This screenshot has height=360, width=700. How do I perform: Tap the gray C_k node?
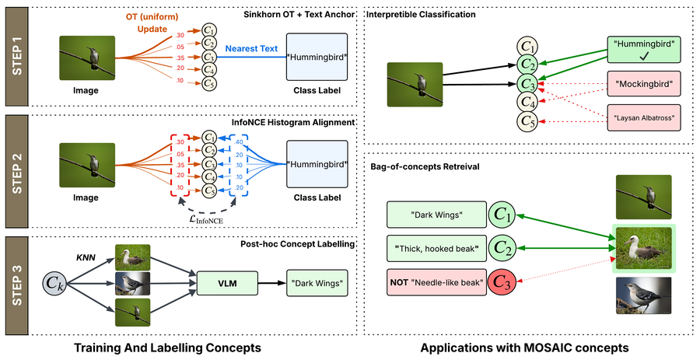click(x=56, y=283)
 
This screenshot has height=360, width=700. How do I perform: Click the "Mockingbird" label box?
click(x=644, y=83)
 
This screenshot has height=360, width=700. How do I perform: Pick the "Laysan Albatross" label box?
click(x=644, y=117)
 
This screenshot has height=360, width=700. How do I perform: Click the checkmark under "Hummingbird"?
click(x=644, y=55)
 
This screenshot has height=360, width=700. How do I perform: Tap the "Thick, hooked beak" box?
click(x=436, y=248)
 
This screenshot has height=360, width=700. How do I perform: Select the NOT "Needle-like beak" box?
click(x=436, y=282)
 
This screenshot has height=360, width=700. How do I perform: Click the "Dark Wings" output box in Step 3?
click(x=317, y=283)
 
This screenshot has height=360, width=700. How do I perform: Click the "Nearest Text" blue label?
click(x=251, y=49)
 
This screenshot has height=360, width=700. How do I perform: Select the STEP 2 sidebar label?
click(x=16, y=172)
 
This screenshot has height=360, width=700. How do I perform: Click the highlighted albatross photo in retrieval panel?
click(x=643, y=249)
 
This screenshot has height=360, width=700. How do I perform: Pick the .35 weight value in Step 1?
click(x=180, y=58)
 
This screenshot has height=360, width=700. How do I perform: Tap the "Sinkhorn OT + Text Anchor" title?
click(x=299, y=14)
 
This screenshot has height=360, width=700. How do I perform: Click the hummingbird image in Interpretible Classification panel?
click(x=415, y=84)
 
